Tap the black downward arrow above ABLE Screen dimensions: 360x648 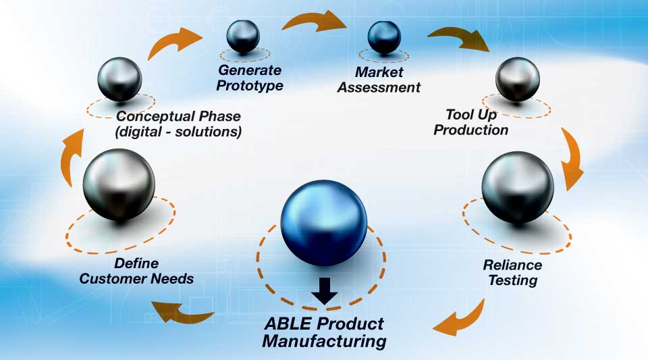click(325, 289)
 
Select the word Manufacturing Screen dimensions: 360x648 click(324, 340)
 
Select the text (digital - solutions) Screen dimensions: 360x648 click(179, 131)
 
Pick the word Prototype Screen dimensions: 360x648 click(250, 85)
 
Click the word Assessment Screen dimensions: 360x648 click(379, 88)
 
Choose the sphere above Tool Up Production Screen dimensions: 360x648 click(518, 78)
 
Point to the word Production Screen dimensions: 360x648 click(470, 129)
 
